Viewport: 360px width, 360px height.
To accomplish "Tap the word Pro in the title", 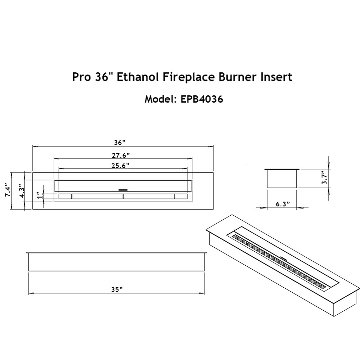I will (x=80, y=77).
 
